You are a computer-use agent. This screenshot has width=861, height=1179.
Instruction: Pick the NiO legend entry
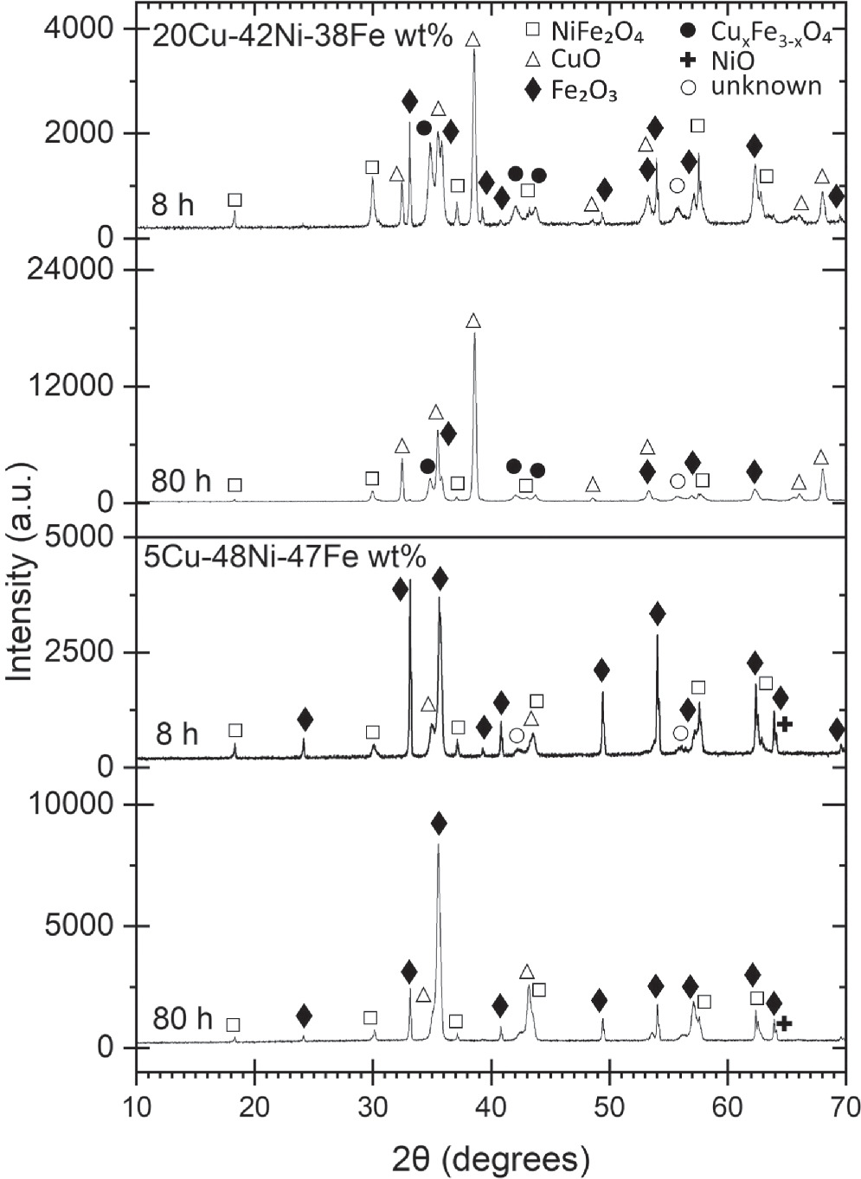click(732, 61)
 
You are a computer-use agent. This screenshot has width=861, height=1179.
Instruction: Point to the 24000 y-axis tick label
click(75, 270)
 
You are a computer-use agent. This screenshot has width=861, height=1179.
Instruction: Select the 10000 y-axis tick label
click(75, 804)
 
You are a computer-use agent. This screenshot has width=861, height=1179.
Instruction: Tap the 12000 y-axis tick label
click(75, 387)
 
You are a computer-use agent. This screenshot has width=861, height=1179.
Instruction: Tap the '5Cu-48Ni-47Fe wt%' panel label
click(285, 557)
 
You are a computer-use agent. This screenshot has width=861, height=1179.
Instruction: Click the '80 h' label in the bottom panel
click(182, 1020)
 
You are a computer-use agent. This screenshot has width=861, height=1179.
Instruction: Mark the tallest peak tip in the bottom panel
click(438, 843)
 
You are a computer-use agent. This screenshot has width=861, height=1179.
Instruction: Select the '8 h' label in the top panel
click(173, 206)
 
